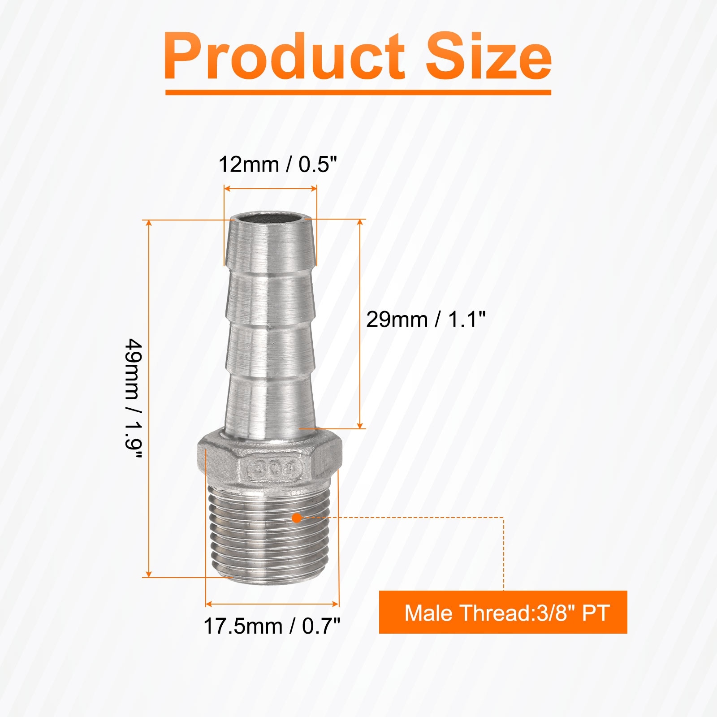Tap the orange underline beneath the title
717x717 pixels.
click(358, 92)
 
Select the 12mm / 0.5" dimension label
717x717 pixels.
click(277, 164)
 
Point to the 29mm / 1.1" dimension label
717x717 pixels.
click(426, 320)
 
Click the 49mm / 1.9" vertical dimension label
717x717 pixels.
click(134, 399)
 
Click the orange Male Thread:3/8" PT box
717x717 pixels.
click(503, 612)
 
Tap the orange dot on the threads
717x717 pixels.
click(296, 518)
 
